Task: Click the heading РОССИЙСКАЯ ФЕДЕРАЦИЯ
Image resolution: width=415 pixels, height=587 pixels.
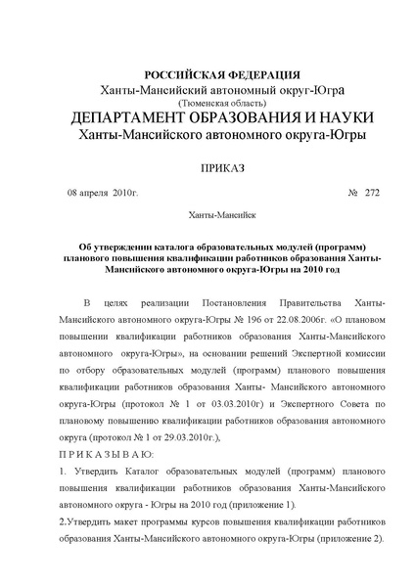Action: (x=207, y=75)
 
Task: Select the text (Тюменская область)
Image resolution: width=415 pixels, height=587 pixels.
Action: (x=207, y=102)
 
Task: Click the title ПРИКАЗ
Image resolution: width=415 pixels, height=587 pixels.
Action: (x=207, y=168)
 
